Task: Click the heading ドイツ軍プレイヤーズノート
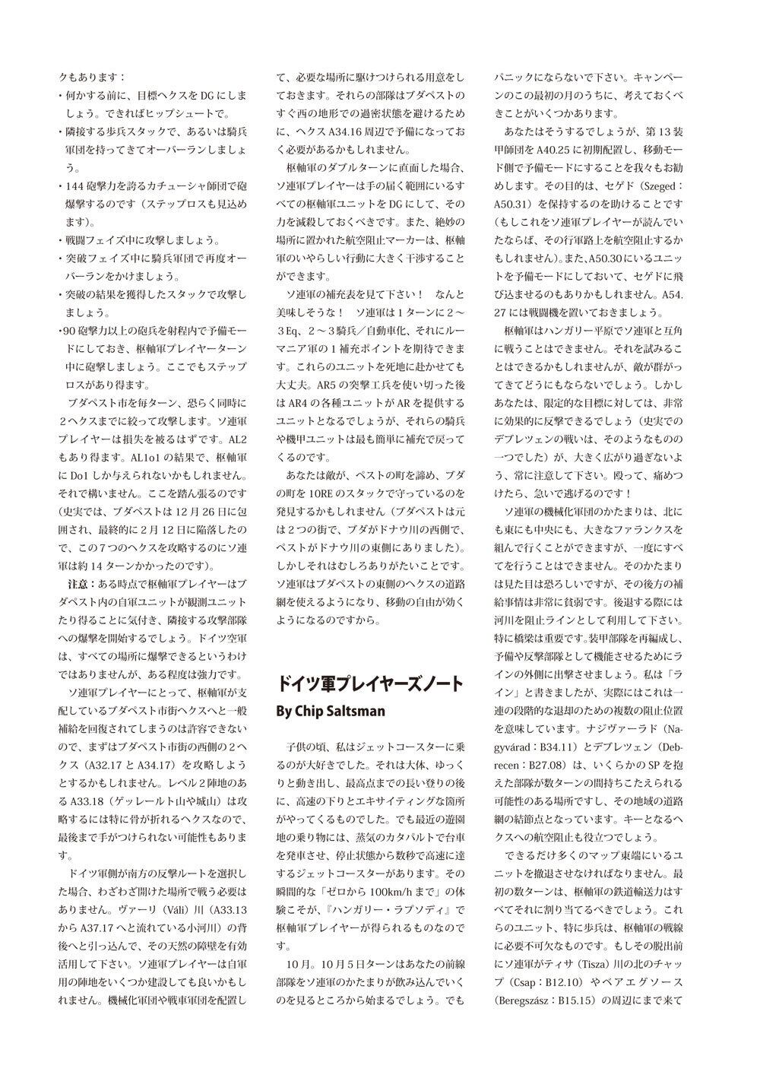tap(369, 683)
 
